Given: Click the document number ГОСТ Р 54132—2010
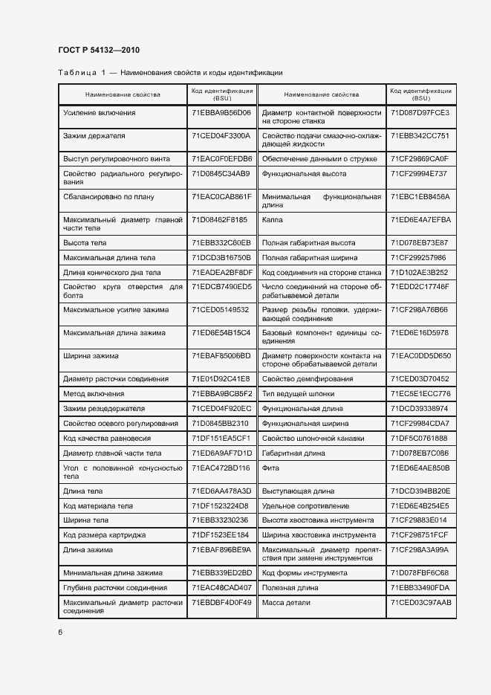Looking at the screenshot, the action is pyautogui.click(x=99, y=51).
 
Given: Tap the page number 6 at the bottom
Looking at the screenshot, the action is pyautogui.click(x=60, y=632).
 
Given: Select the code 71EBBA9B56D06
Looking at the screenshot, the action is pyautogui.click(x=221, y=113).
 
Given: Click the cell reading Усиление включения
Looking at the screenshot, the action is pyautogui.click(x=100, y=113).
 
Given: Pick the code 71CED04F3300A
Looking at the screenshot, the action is pyautogui.click(x=221, y=136).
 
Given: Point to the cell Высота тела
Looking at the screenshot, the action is pyautogui.click(x=85, y=243).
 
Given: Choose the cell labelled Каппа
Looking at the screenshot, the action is pyautogui.click(x=273, y=220).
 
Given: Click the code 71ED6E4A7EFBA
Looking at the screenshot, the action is pyautogui.click(x=420, y=220).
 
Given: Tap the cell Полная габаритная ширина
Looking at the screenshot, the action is pyautogui.click(x=305, y=258).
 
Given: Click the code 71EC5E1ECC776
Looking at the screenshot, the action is pyautogui.click(x=420, y=394).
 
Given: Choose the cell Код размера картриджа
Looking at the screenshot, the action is pyautogui.click(x=105, y=535).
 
